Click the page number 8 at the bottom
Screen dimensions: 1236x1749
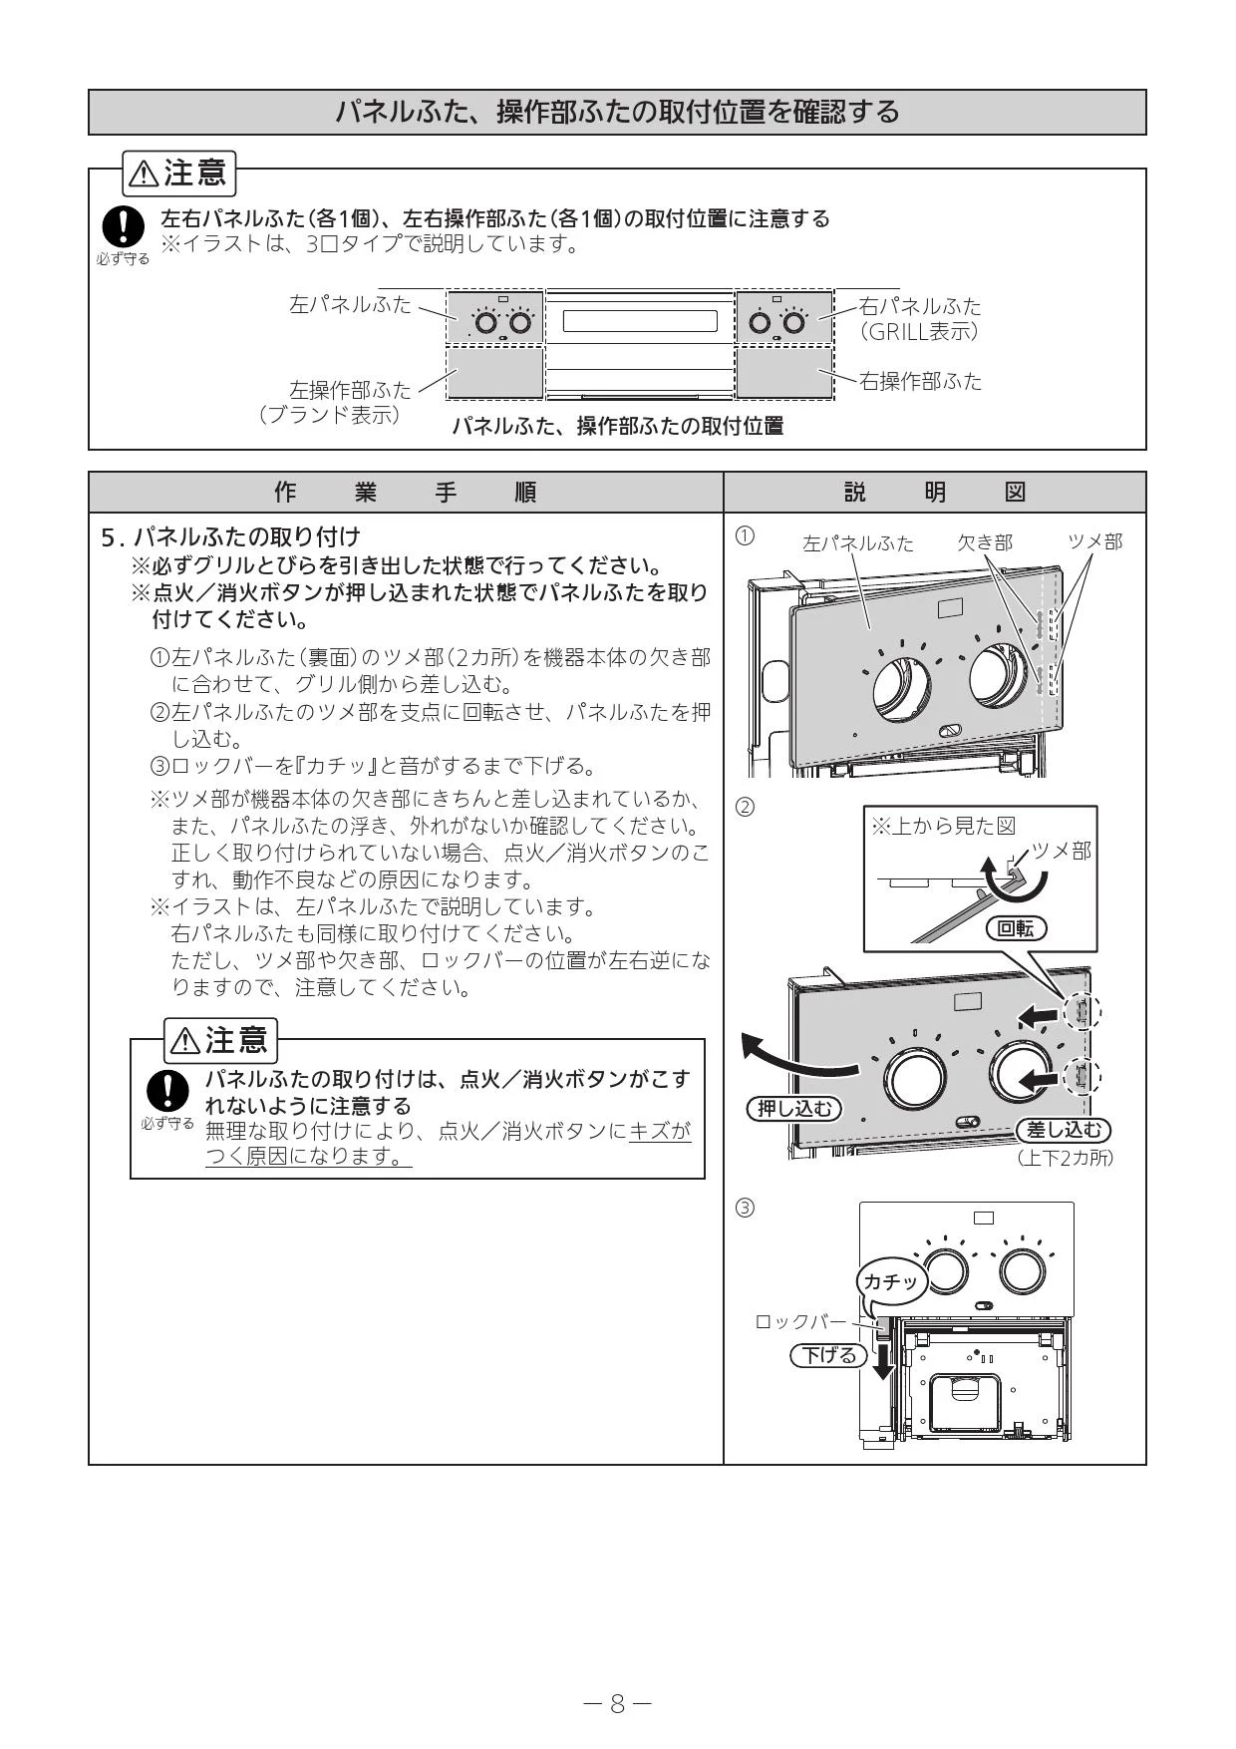pyautogui.click(x=617, y=1704)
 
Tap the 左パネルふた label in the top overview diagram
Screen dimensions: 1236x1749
pyautogui.click(x=350, y=304)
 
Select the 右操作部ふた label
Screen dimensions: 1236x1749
pyautogui.click(x=920, y=381)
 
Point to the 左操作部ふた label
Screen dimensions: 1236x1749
pyautogui.click(x=350, y=389)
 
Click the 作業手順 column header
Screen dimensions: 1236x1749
pyautogui.click(x=406, y=493)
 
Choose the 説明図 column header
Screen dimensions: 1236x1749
pyautogui.click(x=935, y=493)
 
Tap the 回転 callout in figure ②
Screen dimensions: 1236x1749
pyautogui.click(x=1016, y=928)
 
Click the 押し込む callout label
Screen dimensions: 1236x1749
pyautogui.click(x=793, y=1108)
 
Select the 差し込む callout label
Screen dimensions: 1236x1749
pyautogui.click(x=1064, y=1130)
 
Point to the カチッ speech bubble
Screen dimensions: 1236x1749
pyautogui.click(x=891, y=1281)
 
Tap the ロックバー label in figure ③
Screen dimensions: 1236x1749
pyautogui.click(x=799, y=1321)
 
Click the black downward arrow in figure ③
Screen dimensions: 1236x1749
pyautogui.click(x=882, y=1359)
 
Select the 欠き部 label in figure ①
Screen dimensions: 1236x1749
pyautogui.click(x=985, y=542)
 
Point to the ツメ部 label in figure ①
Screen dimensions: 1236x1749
pyautogui.click(x=1094, y=541)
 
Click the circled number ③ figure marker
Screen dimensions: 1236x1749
pyautogui.click(x=745, y=1209)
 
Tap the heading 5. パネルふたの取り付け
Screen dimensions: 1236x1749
pyautogui.click(x=231, y=537)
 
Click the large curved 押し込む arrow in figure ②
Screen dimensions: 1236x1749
pyautogui.click(x=797, y=1059)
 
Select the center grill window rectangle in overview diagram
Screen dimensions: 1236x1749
pyautogui.click(x=640, y=321)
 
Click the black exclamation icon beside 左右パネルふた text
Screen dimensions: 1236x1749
pyautogui.click(x=123, y=226)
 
